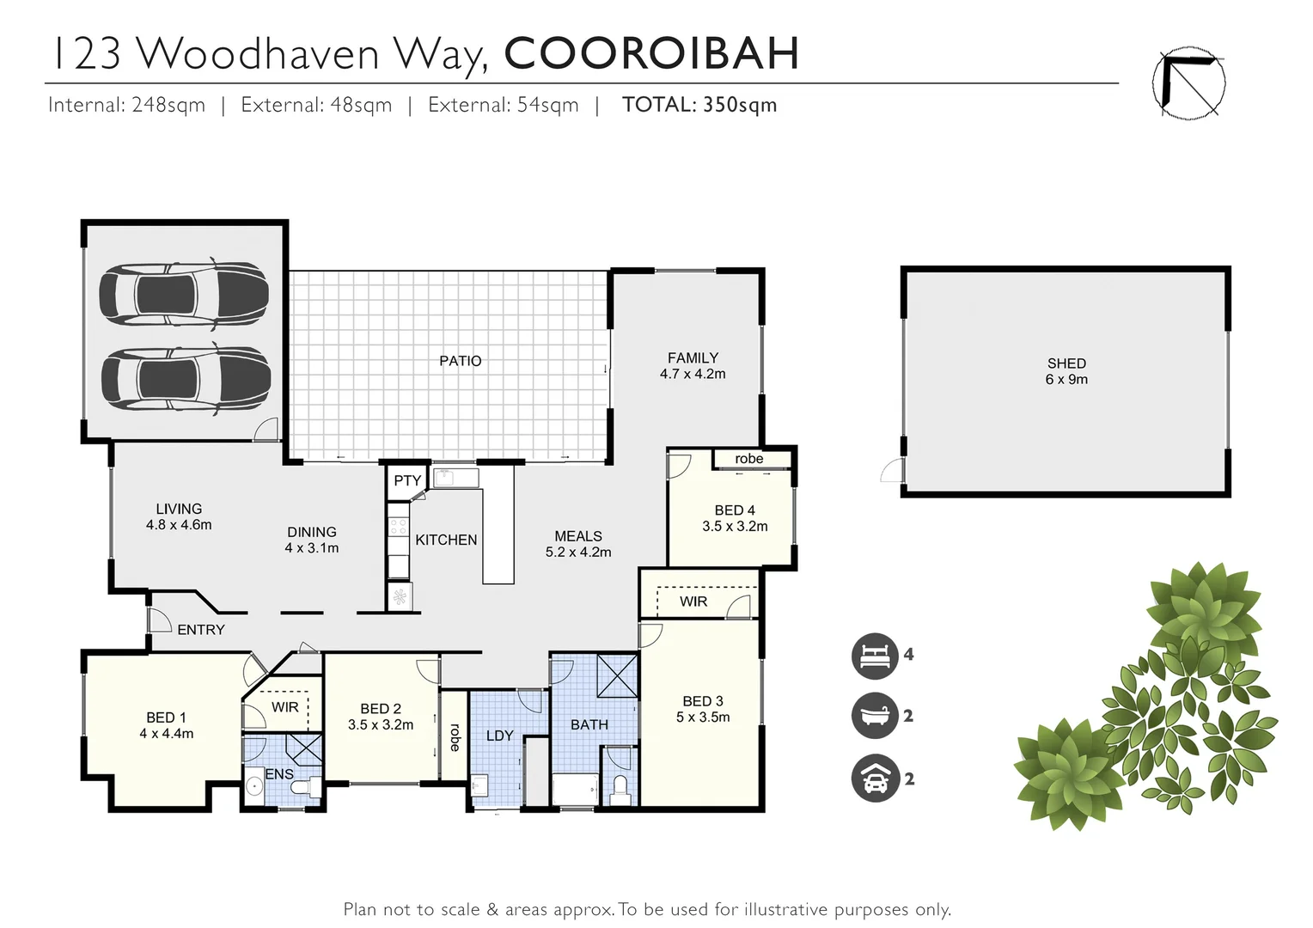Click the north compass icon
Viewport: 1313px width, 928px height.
tap(1188, 83)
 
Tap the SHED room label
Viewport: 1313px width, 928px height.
tap(1066, 363)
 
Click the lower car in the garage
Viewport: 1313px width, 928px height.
tap(185, 378)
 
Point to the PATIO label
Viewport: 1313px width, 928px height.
tap(461, 361)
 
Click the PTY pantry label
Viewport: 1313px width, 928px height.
tap(407, 481)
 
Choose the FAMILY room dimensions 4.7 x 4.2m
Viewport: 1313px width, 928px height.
tap(693, 374)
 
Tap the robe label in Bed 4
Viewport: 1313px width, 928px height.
tap(748, 459)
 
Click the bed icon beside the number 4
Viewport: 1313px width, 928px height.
tap(874, 656)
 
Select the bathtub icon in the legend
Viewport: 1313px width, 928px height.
tap(874, 716)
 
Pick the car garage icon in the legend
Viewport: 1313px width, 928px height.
tap(874, 778)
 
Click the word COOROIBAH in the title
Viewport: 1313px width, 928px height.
tap(651, 53)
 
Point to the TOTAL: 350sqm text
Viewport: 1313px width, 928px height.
tap(699, 105)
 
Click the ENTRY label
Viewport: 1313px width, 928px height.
tap(201, 630)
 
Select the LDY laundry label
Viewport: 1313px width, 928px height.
tap(499, 736)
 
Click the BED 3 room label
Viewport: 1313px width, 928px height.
tap(703, 701)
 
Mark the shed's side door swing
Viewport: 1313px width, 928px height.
tap(893, 470)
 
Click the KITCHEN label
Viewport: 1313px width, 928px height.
tap(446, 540)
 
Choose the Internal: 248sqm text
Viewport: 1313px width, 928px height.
tap(127, 105)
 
